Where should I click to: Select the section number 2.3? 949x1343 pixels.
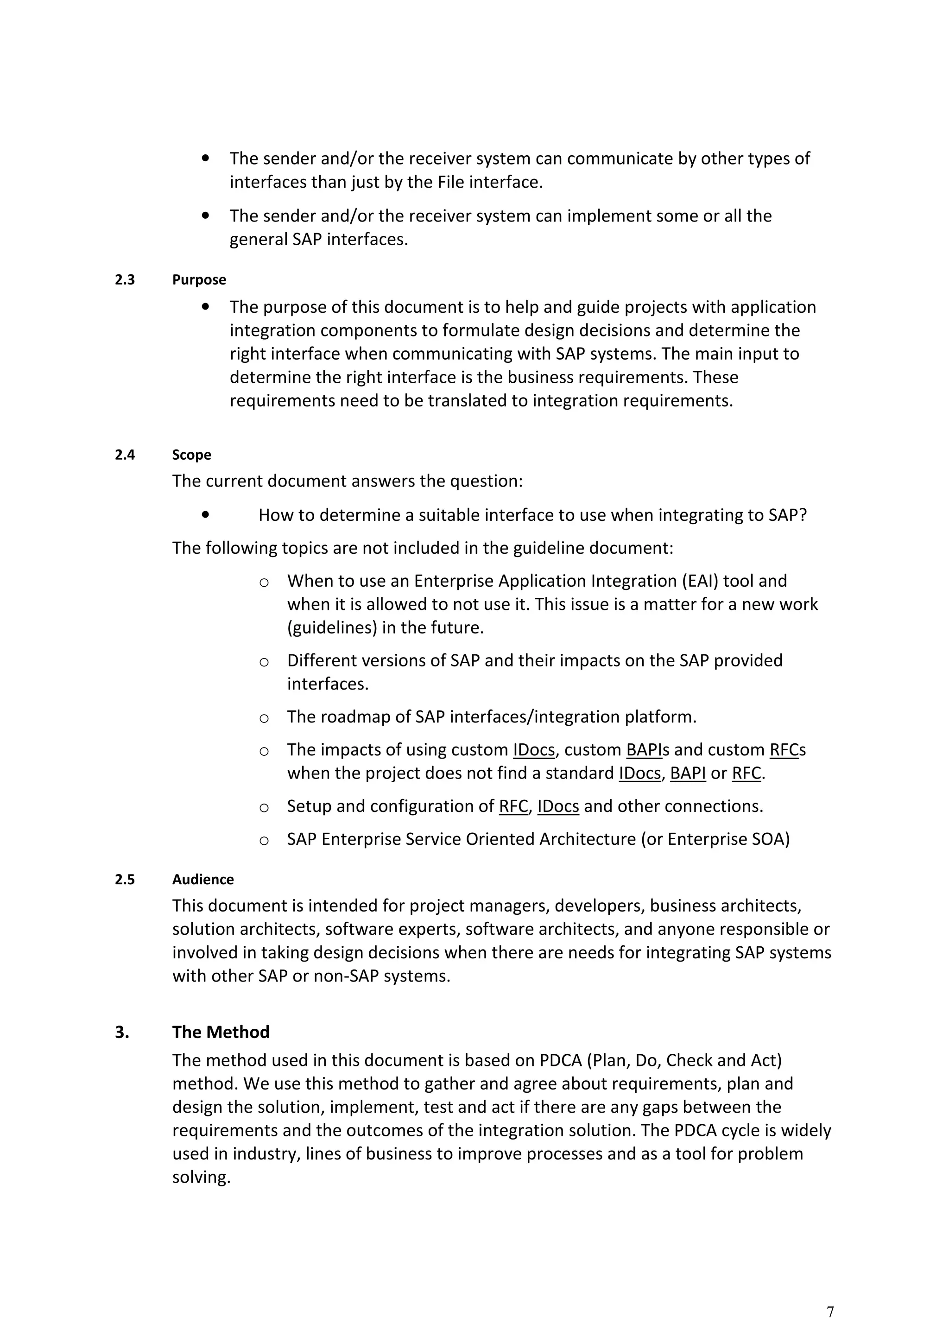[125, 279]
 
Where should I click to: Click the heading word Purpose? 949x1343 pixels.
[199, 279]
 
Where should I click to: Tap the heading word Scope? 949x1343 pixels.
[191, 455]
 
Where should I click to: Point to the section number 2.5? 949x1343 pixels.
[125, 879]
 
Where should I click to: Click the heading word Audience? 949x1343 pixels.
[202, 879]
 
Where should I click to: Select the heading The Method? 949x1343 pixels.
[221, 1032]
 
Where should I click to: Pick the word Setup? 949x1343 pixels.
[309, 806]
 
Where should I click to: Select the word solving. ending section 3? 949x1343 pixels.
[201, 1178]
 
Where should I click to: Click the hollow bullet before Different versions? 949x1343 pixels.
[264, 662]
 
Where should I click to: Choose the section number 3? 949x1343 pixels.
[121, 1032]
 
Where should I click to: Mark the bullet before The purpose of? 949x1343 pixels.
[205, 306]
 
